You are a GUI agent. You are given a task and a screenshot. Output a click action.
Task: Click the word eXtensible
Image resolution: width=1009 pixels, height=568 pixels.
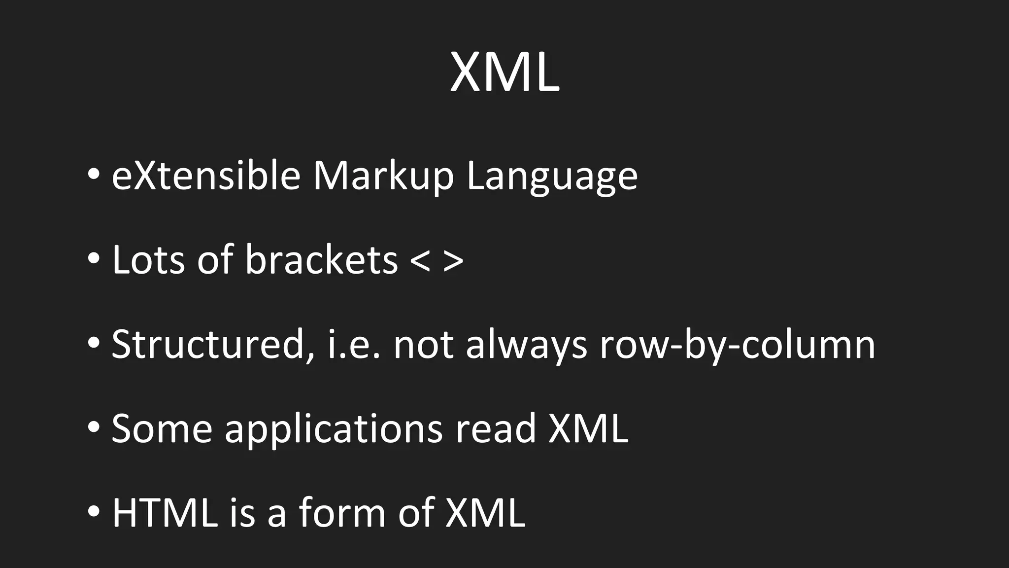click(206, 176)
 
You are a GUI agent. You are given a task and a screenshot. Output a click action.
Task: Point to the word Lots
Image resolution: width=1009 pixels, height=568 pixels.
click(148, 259)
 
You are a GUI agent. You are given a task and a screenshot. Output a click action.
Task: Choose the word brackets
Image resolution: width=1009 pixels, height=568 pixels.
click(321, 259)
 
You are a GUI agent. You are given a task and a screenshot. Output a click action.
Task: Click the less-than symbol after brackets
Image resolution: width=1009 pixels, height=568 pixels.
click(420, 261)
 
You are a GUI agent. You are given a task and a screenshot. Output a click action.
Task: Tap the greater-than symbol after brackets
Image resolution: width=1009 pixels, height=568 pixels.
click(453, 261)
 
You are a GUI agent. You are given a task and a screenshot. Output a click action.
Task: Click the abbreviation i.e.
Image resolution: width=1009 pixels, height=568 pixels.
click(354, 344)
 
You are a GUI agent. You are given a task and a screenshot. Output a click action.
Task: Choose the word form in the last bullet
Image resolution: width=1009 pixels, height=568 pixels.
click(342, 513)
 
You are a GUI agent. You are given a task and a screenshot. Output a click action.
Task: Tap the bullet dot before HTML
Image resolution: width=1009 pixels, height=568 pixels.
click(94, 511)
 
